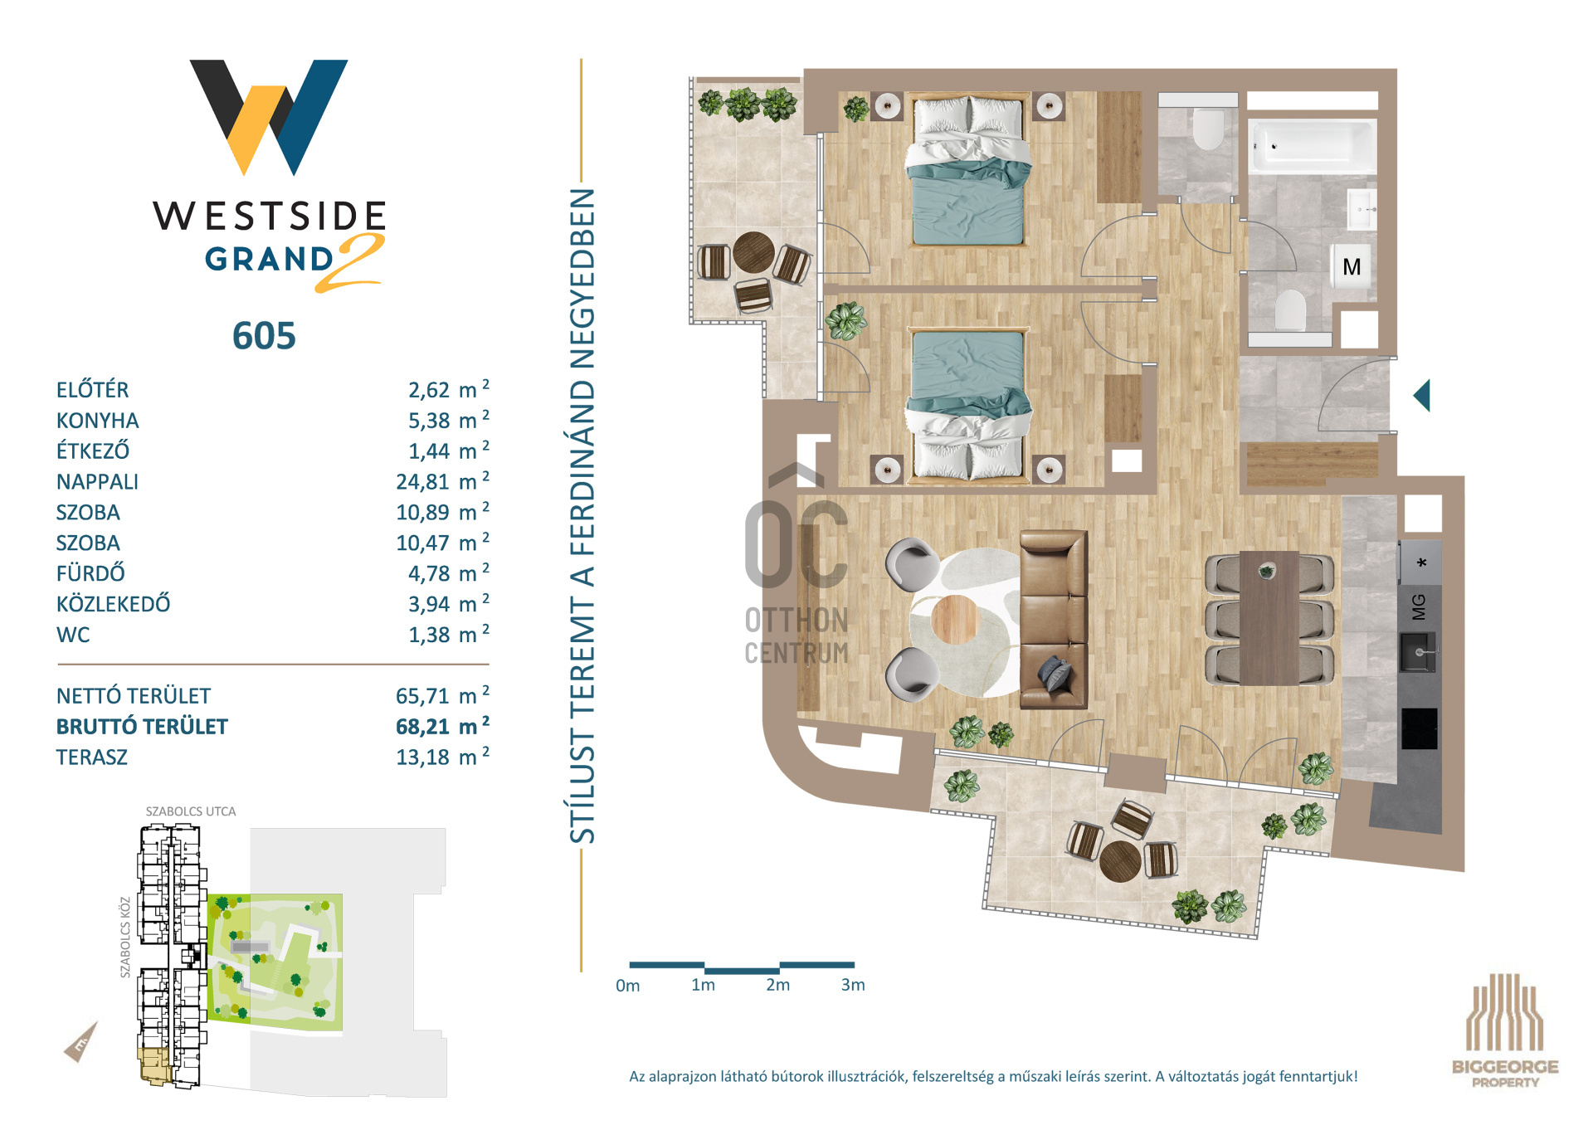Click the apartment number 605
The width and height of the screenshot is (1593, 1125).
pyautogui.click(x=264, y=336)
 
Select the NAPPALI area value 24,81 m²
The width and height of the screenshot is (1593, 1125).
pyautogui.click(x=442, y=480)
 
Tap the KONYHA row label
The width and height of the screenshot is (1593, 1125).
pyautogui.click(x=98, y=421)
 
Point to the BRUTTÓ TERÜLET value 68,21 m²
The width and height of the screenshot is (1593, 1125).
pyautogui.click(x=442, y=726)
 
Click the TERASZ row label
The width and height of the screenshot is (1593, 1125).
pyautogui.click(x=92, y=757)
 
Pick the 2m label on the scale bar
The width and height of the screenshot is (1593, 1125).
pyautogui.click(x=777, y=985)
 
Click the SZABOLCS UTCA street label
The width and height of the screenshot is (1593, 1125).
pyautogui.click(x=191, y=811)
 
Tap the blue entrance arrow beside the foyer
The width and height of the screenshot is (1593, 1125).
pyautogui.click(x=1422, y=396)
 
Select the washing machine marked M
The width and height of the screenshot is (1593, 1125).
pyautogui.click(x=1352, y=266)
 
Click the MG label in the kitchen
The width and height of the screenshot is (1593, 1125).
pyautogui.click(x=1419, y=606)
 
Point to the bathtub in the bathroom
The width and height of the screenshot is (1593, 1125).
pyautogui.click(x=1313, y=146)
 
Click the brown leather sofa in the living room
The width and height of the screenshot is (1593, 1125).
pyautogui.click(x=1054, y=619)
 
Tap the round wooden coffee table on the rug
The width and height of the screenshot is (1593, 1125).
pyautogui.click(x=955, y=619)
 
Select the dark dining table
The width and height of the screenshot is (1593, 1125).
pyautogui.click(x=1269, y=618)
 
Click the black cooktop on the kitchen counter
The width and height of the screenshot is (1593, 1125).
pyautogui.click(x=1420, y=728)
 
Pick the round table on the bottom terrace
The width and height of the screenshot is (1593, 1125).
pyautogui.click(x=1120, y=861)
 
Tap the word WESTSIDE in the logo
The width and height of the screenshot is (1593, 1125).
pyautogui.click(x=270, y=216)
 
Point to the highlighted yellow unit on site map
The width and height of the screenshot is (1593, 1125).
pyautogui.click(x=154, y=1065)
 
